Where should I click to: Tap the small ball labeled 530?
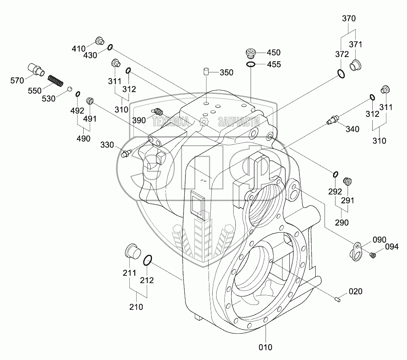[70, 89]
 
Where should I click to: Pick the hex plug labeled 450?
[251, 53]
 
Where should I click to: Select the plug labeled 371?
[356, 66]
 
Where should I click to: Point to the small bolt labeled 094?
[373, 254]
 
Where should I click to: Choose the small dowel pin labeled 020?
[338, 299]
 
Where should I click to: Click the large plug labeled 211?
[132, 252]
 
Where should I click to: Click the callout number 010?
[266, 347]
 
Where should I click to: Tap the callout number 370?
[348, 18]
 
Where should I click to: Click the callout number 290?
[342, 222]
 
